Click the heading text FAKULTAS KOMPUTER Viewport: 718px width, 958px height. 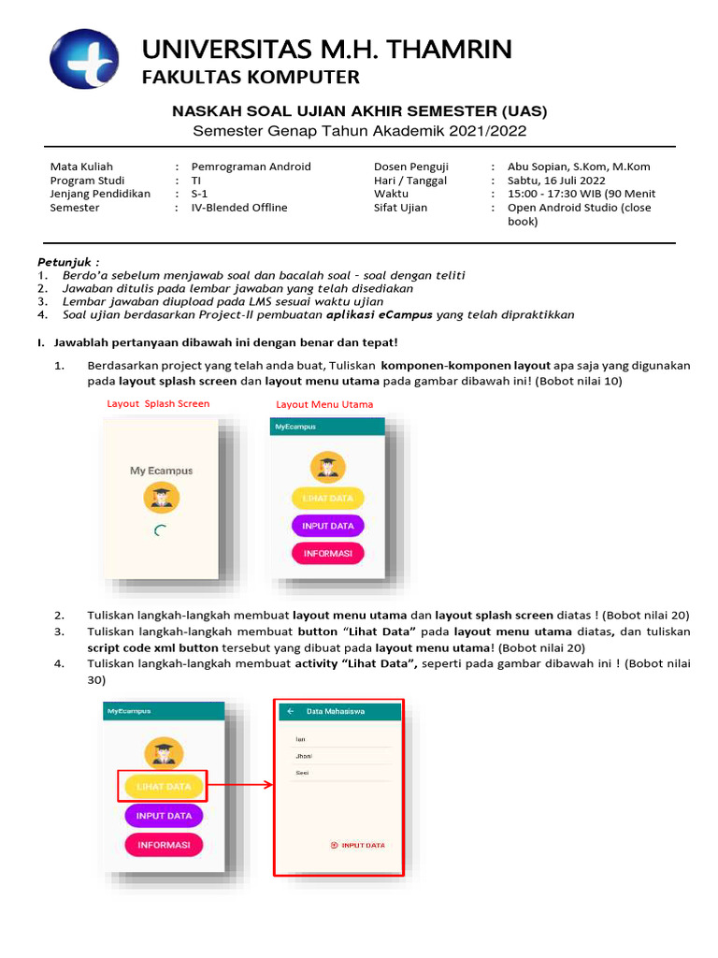coord(251,77)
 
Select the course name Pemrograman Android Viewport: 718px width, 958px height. coord(251,167)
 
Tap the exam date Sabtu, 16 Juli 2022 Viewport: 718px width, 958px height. coord(556,181)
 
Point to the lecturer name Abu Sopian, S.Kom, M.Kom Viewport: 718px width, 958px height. coord(579,167)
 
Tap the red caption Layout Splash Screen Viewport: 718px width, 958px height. coord(158,404)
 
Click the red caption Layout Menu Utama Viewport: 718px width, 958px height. coord(324,404)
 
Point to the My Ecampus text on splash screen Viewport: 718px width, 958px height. coord(161,471)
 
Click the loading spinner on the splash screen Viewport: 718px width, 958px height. coord(161,530)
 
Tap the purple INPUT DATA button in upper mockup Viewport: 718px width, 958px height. coord(327,526)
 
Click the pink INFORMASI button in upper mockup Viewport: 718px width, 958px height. coord(327,553)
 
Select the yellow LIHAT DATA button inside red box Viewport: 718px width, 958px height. coord(164,787)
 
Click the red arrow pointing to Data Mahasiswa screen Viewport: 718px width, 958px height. coord(240,786)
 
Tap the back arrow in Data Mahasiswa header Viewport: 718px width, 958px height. coord(290,711)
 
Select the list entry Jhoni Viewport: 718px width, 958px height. coord(304,756)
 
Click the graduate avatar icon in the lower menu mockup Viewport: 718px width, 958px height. coord(164,752)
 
